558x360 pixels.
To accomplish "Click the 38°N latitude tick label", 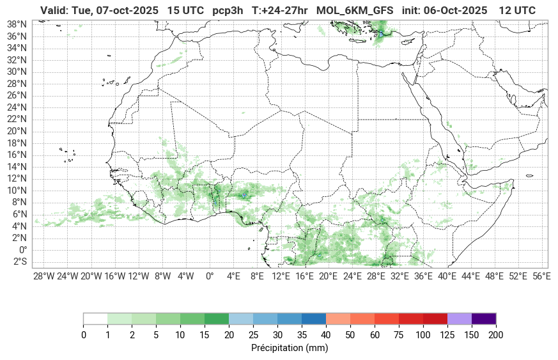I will (17, 24).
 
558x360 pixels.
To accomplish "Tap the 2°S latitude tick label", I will (20, 262).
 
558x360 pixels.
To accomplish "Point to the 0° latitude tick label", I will (23, 249).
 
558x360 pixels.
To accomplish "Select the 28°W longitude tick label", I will (43, 276).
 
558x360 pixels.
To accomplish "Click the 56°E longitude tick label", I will (541, 276).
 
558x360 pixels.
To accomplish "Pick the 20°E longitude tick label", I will (329, 276).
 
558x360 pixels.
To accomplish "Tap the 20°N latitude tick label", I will (17, 130).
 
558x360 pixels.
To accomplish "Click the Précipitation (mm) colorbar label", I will (290, 348).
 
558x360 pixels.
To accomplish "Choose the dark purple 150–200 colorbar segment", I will (484, 318).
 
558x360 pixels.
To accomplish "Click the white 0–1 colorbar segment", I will (95, 318).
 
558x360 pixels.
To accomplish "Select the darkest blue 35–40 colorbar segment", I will (314, 318).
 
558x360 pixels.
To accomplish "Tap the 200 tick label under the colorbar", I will (496, 334).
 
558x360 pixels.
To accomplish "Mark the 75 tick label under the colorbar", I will (399, 334).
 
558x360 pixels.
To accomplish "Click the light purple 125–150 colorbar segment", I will (460, 318).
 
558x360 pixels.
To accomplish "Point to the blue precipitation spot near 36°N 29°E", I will (381, 34).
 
